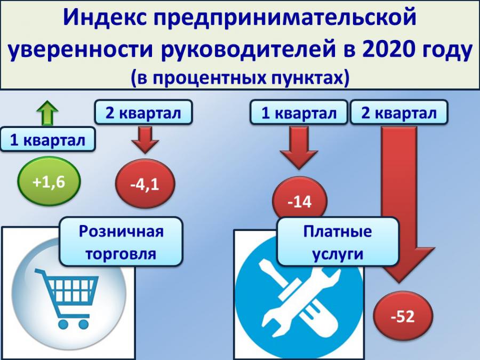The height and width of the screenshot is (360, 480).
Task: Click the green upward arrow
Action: pyautogui.click(x=47, y=113)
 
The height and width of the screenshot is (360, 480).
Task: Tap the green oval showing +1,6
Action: pyautogui.click(x=49, y=181)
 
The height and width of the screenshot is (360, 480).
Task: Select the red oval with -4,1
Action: pyautogui.click(x=145, y=183)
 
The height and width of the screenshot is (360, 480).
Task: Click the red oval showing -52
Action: pyautogui.click(x=403, y=315)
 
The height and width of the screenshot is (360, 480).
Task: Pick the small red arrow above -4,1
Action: pyautogui.click(x=145, y=140)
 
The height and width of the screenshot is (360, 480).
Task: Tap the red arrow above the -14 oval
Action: pyautogui.click(x=299, y=148)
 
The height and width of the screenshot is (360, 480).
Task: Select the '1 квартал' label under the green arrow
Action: pyautogui.click(x=47, y=140)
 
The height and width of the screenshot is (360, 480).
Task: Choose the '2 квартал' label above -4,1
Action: pyautogui.click(x=143, y=113)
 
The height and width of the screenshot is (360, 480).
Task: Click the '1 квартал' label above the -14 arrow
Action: pyautogui.click(x=299, y=113)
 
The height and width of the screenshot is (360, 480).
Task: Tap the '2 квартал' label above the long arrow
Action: pyautogui.click(x=399, y=113)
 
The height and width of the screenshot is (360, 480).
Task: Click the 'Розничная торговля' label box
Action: pyautogui.click(x=121, y=242)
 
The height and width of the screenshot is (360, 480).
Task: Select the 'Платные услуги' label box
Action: pyautogui.click(x=338, y=242)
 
